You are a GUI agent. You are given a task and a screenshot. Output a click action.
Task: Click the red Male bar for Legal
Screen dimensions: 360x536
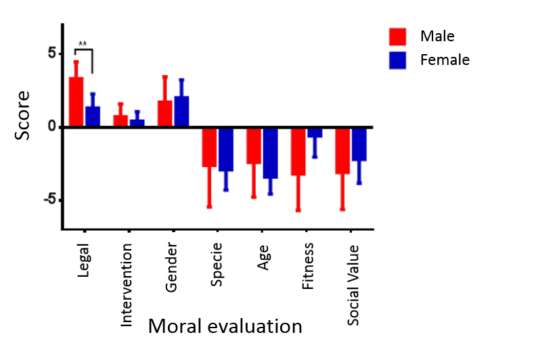(x=76, y=101)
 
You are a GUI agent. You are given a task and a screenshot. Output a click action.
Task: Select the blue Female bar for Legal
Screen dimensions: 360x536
(x=93, y=116)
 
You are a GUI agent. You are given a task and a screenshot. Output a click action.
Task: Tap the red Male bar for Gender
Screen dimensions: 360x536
(x=165, y=112)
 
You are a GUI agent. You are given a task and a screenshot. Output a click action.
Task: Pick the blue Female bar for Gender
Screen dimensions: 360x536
(x=181, y=110)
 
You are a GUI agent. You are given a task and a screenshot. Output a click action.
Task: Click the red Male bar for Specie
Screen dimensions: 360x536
(x=208, y=148)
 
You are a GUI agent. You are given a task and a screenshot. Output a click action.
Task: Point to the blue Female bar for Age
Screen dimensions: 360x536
(x=270, y=154)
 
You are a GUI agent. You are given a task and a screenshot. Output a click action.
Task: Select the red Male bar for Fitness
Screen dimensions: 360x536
(x=298, y=152)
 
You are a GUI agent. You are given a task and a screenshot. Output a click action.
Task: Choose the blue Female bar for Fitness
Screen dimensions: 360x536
(x=315, y=133)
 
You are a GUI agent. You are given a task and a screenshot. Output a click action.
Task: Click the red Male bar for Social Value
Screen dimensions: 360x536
(x=342, y=152)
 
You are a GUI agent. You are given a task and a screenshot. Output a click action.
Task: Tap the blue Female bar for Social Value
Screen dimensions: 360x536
(x=359, y=145)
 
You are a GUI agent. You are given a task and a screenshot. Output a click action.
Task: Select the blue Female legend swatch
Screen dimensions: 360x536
(x=397, y=60)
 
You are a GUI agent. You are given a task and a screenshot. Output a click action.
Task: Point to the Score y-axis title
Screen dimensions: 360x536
(x=22, y=115)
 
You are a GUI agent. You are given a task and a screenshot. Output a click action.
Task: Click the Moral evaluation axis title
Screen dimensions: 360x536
(x=225, y=327)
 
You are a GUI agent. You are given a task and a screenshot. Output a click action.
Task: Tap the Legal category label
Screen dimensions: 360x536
(x=83, y=270)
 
